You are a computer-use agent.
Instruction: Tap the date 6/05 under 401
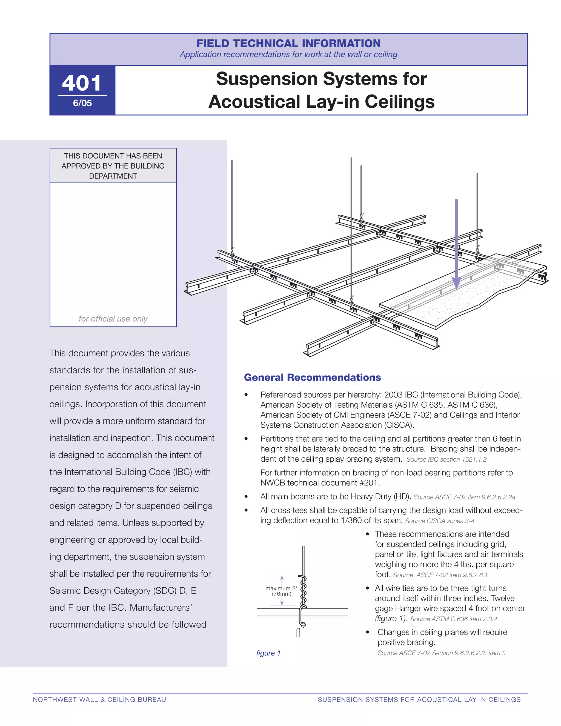click(82, 103)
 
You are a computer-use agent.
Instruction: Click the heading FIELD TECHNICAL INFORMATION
click(288, 43)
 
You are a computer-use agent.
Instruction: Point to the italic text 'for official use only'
click(113, 319)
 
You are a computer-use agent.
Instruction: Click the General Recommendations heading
click(312, 377)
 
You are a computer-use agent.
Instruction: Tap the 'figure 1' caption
click(268, 653)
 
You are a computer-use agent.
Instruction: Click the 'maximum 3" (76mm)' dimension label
click(282, 591)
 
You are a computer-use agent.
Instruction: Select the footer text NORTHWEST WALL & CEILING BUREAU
click(99, 699)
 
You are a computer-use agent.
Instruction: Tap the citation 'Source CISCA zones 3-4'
click(440, 521)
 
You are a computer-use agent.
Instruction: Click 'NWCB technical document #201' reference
click(320, 483)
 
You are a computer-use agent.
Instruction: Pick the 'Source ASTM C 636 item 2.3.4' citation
click(453, 619)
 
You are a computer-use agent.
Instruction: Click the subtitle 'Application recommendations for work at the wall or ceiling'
click(288, 55)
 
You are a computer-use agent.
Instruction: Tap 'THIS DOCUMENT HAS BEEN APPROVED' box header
click(113, 165)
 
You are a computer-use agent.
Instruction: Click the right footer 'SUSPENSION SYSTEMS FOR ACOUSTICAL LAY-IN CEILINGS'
click(419, 699)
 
